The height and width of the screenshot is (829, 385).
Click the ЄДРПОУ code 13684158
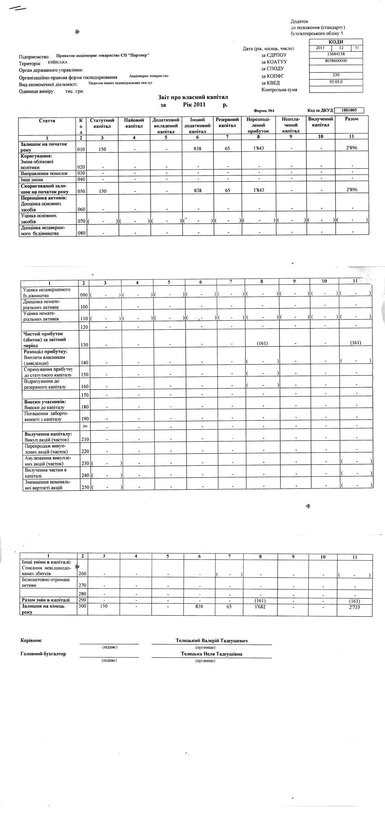coord(336,54)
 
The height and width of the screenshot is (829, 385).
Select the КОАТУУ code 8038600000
coord(336,61)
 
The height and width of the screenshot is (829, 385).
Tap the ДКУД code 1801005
coord(349,111)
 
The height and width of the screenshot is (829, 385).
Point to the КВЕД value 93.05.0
coord(336,82)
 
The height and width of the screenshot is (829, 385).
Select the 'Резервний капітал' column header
coord(227,122)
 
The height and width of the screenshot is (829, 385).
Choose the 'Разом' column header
coord(351,119)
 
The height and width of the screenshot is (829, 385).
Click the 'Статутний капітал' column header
coord(102,122)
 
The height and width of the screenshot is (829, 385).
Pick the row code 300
coord(82,606)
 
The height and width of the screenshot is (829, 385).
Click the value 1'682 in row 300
coord(260,606)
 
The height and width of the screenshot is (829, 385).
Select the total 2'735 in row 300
coord(355,608)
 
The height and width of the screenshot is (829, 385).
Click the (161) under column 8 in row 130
coord(261,343)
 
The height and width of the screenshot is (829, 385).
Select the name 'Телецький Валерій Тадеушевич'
coord(212,641)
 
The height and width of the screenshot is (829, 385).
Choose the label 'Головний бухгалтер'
coord(43,654)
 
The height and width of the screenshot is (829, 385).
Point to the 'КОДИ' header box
coord(336,42)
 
